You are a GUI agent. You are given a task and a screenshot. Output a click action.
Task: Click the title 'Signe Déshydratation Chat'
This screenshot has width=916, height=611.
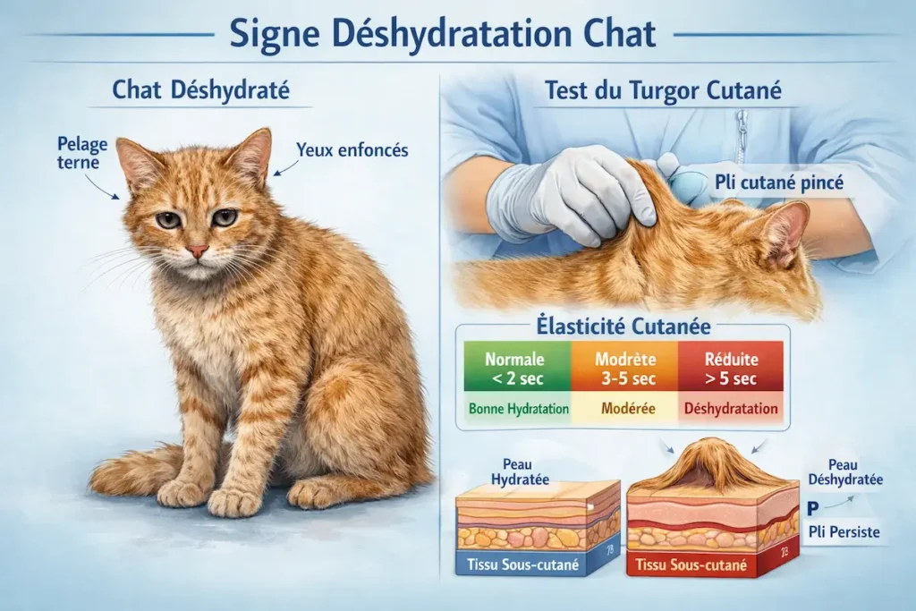pos(443,33)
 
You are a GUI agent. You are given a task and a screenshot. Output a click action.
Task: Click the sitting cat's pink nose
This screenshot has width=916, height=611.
pos(197,251)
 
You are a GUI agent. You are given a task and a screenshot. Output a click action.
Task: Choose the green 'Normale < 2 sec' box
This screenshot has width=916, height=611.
pos(514,368)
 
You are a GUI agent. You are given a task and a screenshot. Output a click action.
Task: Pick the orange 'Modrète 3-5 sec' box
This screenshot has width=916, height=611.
pos(626,368)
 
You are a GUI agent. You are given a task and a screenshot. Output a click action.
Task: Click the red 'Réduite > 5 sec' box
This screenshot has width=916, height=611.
pos(733,368)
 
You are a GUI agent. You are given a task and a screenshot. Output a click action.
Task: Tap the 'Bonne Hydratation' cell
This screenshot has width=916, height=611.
pos(514,409)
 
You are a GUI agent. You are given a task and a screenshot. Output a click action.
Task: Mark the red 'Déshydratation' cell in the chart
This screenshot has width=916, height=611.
pos(733,409)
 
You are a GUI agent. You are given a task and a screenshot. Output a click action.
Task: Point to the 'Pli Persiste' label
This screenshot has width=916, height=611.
pos(844,532)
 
